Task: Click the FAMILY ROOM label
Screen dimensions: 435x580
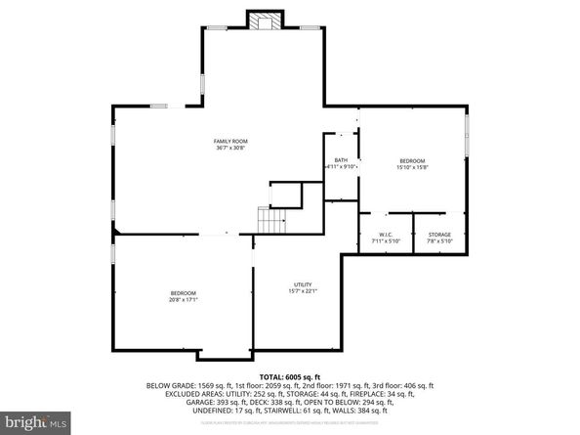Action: [228, 142]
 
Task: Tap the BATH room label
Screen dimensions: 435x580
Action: [341, 160]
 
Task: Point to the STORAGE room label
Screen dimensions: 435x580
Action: [439, 235]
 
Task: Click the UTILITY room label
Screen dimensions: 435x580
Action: [303, 283]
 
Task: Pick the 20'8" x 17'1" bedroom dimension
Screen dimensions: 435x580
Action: [184, 300]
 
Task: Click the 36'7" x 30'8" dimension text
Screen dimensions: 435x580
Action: [228, 149]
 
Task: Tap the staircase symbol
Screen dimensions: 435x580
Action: [269, 220]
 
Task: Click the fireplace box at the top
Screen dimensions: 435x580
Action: [264, 22]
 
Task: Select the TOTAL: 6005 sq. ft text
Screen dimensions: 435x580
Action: [290, 377]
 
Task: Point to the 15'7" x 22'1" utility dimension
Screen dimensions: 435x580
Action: [303, 290]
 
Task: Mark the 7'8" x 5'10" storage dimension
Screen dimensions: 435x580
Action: [439, 241]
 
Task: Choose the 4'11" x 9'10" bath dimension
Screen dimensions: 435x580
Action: [341, 167]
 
